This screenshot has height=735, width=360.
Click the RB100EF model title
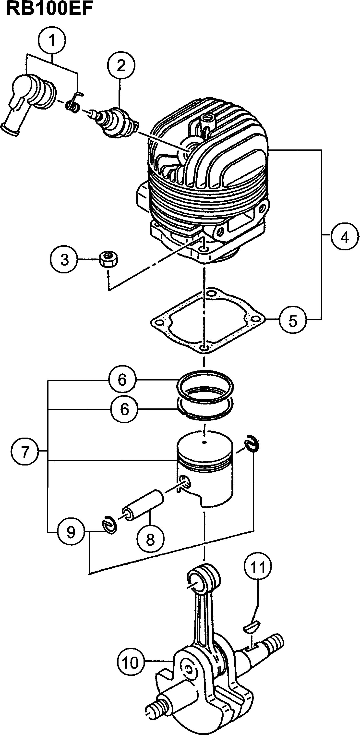[x=49, y=9]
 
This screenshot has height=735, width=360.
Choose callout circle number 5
[x=293, y=321]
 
